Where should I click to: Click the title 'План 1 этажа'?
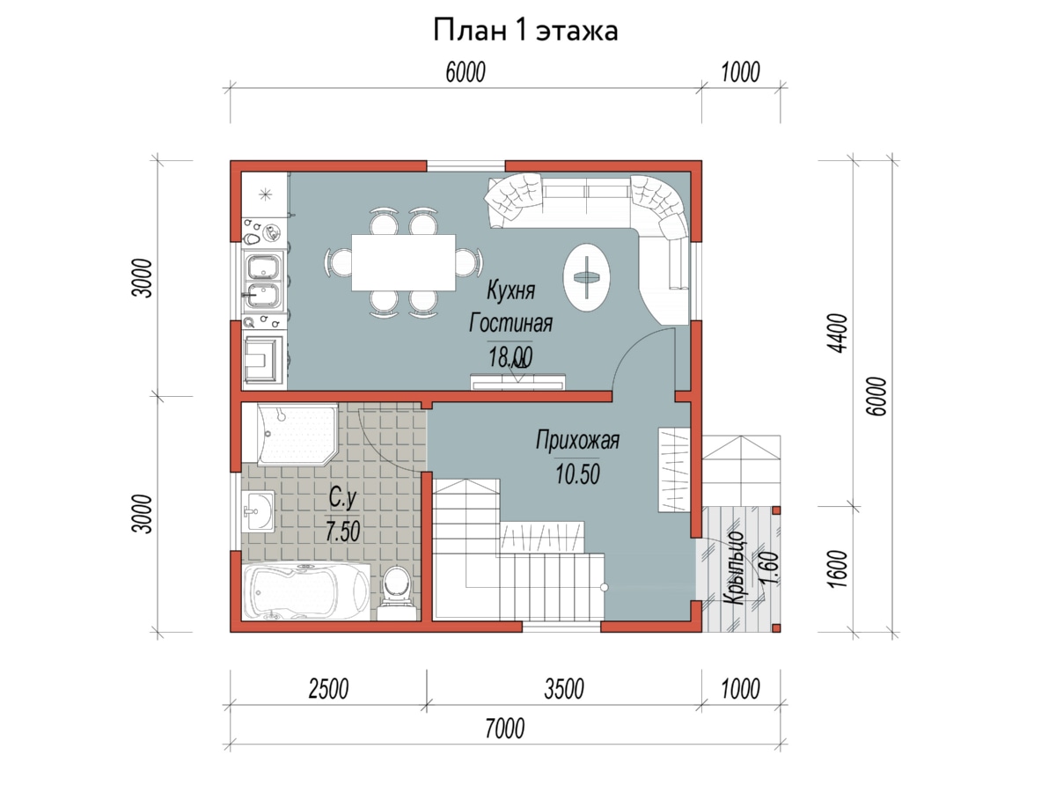click(x=525, y=30)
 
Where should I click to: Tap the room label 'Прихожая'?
click(x=577, y=439)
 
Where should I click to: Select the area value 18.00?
click(x=510, y=356)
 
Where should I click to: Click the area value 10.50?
click(x=577, y=473)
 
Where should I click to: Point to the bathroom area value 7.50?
click(x=342, y=532)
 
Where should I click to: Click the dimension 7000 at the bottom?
click(x=504, y=729)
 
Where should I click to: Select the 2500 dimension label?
click(x=328, y=689)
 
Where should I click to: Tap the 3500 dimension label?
click(x=564, y=689)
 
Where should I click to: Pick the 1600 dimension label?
click(x=838, y=568)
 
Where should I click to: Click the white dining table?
click(x=403, y=262)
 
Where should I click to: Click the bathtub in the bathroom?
click(x=306, y=592)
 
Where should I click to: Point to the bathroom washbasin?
click(x=258, y=510)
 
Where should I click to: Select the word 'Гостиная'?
click(x=510, y=323)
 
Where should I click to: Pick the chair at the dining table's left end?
click(x=339, y=262)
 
